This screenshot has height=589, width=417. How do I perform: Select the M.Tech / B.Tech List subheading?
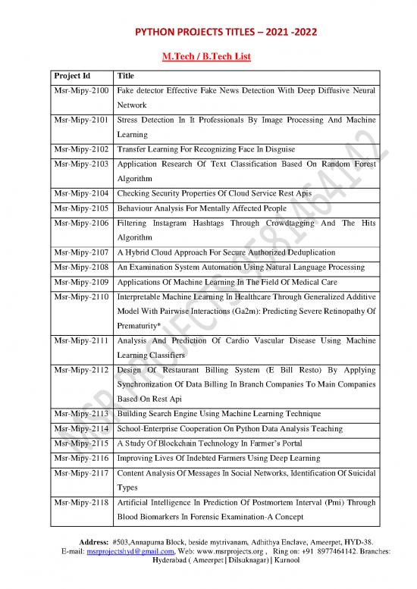coord(208,57)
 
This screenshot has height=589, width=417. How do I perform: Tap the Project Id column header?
coord(73,76)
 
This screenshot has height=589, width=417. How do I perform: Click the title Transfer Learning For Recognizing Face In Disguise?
coord(205,149)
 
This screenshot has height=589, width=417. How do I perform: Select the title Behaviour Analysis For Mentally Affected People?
coord(200,208)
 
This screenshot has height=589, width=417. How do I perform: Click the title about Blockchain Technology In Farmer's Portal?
coord(205,444)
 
